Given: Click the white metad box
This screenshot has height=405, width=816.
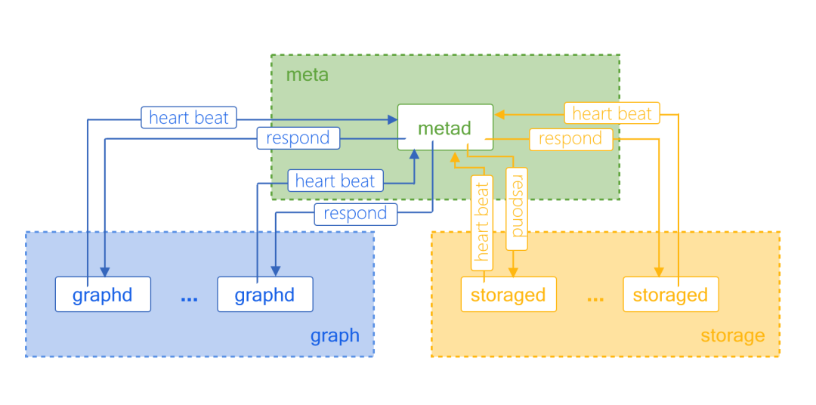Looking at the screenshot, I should pos(445,127).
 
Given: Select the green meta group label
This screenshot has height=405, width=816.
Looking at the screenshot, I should pos(307,75).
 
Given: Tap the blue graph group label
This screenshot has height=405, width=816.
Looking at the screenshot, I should pos(335,335).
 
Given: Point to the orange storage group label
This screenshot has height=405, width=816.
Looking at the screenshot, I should pos(732,335).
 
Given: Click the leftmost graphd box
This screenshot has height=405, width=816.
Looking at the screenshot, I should pos(103,294).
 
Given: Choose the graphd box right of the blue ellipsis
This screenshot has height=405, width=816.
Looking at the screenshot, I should pos(264,294).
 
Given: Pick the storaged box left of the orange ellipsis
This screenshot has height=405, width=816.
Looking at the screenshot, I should pos(508,294).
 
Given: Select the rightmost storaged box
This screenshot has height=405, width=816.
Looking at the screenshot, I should pos(670,294).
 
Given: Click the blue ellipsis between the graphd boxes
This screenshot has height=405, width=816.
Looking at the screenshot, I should pos(189,297).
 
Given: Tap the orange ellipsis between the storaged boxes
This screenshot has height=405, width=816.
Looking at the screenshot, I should pos(595,297).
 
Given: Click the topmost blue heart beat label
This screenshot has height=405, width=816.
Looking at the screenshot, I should pos(189,118).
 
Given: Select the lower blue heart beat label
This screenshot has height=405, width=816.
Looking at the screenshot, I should pos(335,181).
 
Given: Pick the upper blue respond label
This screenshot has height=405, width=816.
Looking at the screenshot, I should pos(298,138).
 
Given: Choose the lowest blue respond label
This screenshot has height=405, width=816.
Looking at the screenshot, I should pos(355,214).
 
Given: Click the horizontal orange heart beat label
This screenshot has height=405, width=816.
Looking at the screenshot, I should pos(612,113).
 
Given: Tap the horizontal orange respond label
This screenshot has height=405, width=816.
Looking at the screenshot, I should pos(570,139).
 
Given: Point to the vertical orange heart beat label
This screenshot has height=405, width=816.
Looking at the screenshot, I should pos(482,223).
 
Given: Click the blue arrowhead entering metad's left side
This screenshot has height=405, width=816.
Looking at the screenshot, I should pos(393,119).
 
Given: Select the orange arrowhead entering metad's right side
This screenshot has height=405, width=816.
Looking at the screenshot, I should pos(499,114).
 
